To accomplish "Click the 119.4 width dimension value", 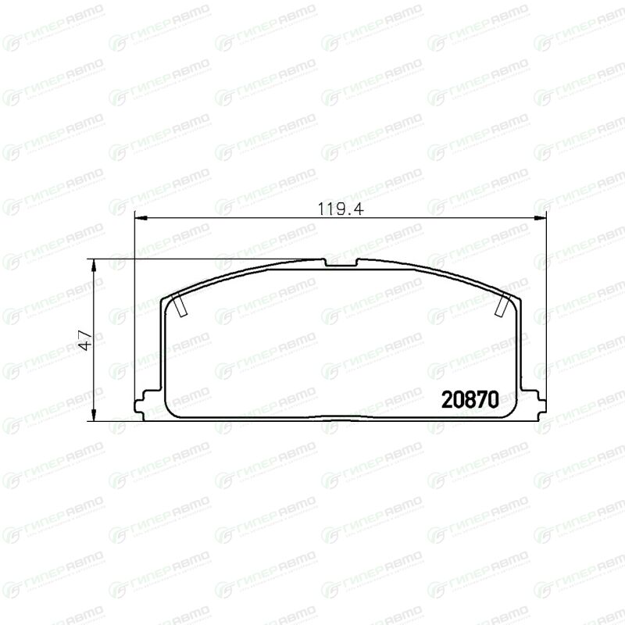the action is [341, 209].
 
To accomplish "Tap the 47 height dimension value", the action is [86, 340].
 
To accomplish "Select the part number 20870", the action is [470, 399].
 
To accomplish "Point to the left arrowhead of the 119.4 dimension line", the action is [141, 218].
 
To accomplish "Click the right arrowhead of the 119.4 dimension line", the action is [540, 218].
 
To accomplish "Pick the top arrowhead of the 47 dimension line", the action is [94, 265].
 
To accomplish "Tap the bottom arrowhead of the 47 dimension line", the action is [94, 415].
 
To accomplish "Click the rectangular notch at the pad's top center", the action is [341, 262].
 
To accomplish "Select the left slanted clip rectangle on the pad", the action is [180, 304].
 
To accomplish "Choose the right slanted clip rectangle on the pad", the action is [502, 304].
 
